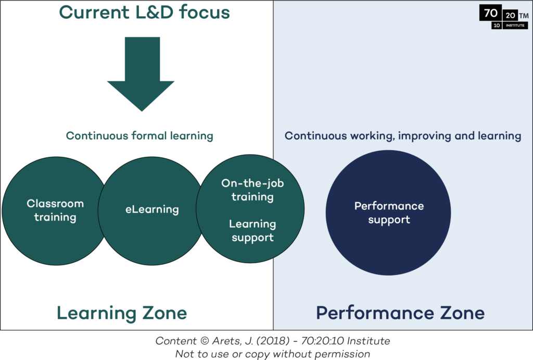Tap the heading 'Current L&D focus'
pyautogui.click(x=145, y=13)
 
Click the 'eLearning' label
pyautogui.click(x=152, y=209)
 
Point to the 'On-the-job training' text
pyautogui.click(x=252, y=190)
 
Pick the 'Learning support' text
pyautogui.click(x=252, y=231)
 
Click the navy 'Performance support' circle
pyautogui.click(x=388, y=213)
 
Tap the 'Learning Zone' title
pyautogui.click(x=122, y=313)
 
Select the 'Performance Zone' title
pyautogui.click(x=400, y=313)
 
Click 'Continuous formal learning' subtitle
pyautogui.click(x=139, y=136)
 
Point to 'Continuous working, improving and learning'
pyautogui.click(x=403, y=136)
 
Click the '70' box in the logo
pyautogui.click(x=490, y=13)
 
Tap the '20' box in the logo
pyautogui.click(x=510, y=15)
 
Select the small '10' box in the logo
pyautogui.click(x=497, y=26)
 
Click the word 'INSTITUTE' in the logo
pyautogui.click(x=515, y=26)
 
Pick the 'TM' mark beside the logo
pyautogui.click(x=524, y=16)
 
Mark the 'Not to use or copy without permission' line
pyautogui.click(x=273, y=354)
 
